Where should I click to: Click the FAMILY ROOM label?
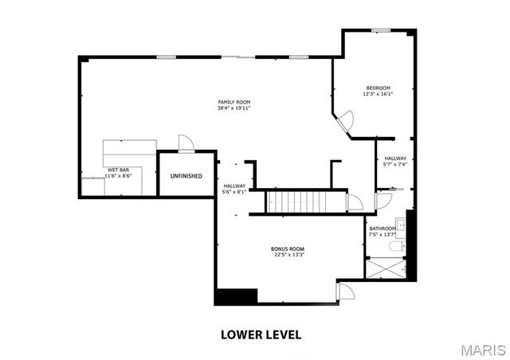point(234,102)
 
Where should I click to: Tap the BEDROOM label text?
point(378,88)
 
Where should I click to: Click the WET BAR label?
point(119,170)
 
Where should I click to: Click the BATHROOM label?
point(382,229)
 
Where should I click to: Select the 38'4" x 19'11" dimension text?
point(234,108)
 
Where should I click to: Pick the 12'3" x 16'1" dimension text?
point(378,94)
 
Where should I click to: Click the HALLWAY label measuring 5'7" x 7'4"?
point(395,158)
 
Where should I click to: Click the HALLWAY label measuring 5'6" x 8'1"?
point(234,186)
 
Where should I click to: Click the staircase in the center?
point(307,202)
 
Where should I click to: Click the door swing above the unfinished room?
point(186,143)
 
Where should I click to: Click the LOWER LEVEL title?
point(261,334)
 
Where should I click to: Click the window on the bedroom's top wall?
point(380,30)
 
